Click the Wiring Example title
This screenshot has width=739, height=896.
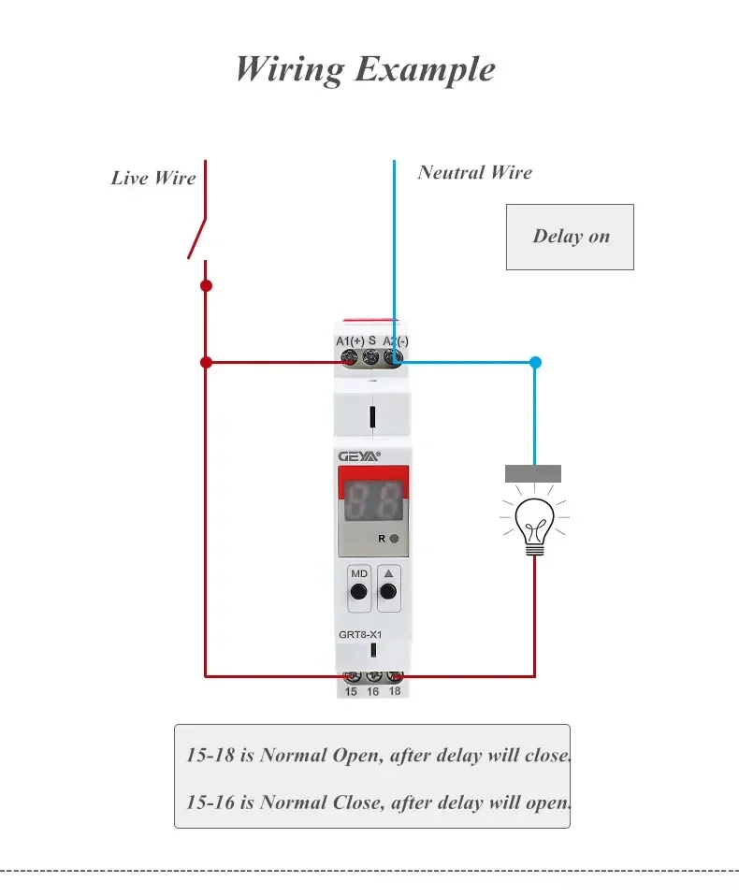(x=365, y=69)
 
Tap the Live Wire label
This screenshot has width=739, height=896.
(x=153, y=178)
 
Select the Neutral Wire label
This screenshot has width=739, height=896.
(x=474, y=172)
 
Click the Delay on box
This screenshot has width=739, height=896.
(x=570, y=237)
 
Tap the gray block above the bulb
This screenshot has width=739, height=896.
(x=533, y=473)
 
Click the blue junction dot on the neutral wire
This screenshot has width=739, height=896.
(x=535, y=362)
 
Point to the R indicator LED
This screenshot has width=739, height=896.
(x=395, y=539)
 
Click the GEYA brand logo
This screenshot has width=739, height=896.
(x=358, y=455)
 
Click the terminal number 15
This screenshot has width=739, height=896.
(x=351, y=692)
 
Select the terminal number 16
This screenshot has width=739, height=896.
(x=372, y=692)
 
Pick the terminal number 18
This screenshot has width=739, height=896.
(x=395, y=692)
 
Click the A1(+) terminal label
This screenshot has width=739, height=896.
(x=350, y=341)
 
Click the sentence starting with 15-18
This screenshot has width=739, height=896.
(x=377, y=755)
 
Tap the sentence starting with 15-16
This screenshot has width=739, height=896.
(x=377, y=802)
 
